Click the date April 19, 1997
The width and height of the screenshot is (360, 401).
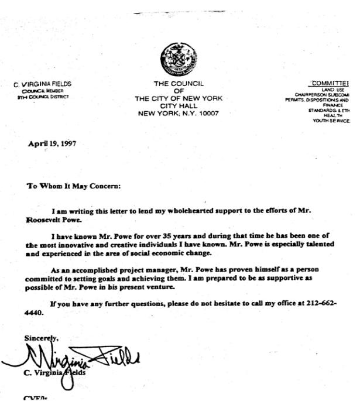pyautogui.click(x=52, y=143)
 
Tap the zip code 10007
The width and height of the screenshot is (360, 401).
pyautogui.click(x=206, y=113)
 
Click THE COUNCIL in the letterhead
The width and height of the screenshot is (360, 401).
pyautogui.click(x=178, y=84)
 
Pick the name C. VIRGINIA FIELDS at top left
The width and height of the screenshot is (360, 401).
pyautogui.click(x=43, y=84)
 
